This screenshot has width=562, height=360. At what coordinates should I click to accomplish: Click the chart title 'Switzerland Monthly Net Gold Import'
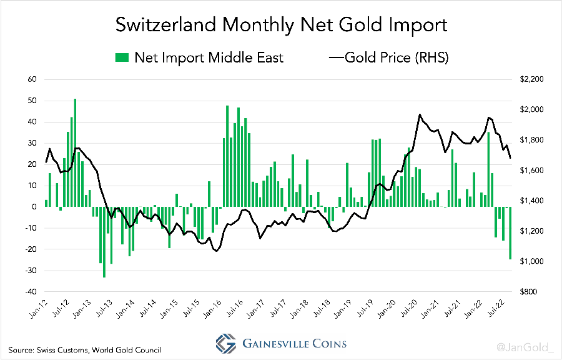coord(281,25)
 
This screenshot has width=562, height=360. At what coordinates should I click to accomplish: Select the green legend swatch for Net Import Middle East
coord(122,57)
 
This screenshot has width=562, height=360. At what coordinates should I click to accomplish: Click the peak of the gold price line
coord(420,114)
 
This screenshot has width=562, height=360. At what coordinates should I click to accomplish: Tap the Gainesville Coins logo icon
coord(225,343)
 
